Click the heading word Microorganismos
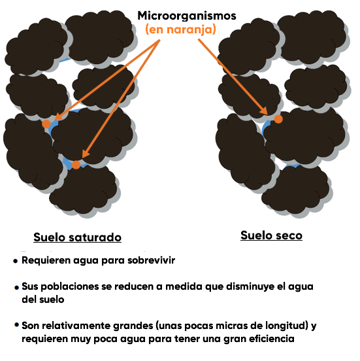pyautogui.click(x=187, y=16)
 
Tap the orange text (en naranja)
pyautogui.click(x=180, y=29)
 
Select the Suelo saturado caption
pyautogui.click(x=77, y=237)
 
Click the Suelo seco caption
pyautogui.click(x=271, y=235)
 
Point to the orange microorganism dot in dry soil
pyautogui.click(x=278, y=119)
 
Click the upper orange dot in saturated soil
pyautogui.click(x=46, y=124)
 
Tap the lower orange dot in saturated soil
pyautogui.click(x=76, y=165)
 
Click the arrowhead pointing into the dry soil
pyautogui.click(x=263, y=111)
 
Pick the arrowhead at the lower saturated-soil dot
pyautogui.click(x=86, y=154)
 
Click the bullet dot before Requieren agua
pyautogui.click(x=16, y=261)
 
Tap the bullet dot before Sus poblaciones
pyautogui.click(x=16, y=288)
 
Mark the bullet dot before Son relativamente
pyautogui.click(x=16, y=324)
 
